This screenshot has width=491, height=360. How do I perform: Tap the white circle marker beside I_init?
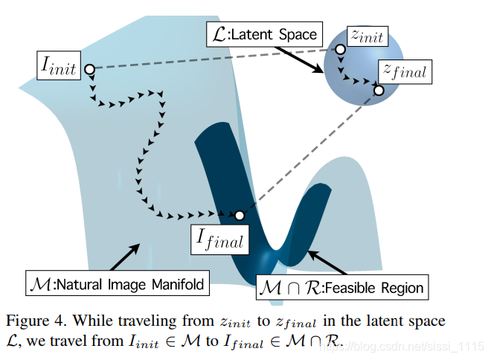click(x=89, y=69)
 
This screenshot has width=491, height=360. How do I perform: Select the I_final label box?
click(x=219, y=238)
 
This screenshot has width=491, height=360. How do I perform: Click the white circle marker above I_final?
click(x=240, y=216)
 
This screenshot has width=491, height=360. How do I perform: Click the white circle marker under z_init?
click(x=340, y=50)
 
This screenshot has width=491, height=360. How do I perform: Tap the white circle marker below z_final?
click(x=379, y=90)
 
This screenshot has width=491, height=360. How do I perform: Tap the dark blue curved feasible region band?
click(x=223, y=164)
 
